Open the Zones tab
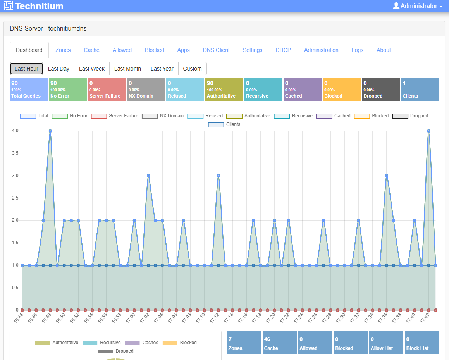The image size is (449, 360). click(63, 50)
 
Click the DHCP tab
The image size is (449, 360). click(283, 50)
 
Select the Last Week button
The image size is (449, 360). click(92, 69)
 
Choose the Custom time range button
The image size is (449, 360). click(192, 69)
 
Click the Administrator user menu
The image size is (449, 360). click(418, 6)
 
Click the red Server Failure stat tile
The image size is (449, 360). click(107, 89)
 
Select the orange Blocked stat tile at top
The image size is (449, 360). click(341, 89)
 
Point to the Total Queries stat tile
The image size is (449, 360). click(28, 89)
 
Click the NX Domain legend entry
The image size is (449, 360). click(163, 116)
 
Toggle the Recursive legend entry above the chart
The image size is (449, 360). click(293, 116)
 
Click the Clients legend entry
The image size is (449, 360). click(224, 124)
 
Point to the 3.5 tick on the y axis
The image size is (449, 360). click(15, 153)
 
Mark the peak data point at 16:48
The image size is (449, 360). click(50, 131)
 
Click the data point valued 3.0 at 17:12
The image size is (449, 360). click(218, 176)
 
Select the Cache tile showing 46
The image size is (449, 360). click(279, 343)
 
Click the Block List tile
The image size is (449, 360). click(421, 343)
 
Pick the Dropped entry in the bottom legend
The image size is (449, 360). click(116, 351)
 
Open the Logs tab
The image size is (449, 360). click(357, 50)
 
